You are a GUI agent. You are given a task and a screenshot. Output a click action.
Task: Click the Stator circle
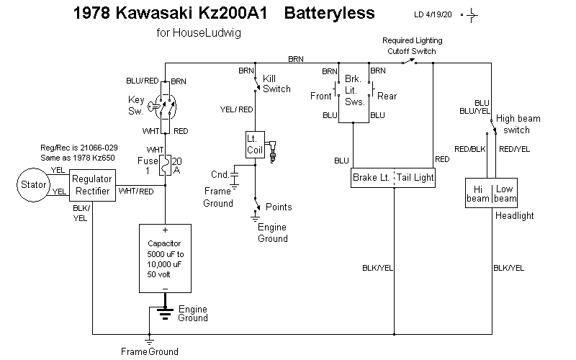point(30,185)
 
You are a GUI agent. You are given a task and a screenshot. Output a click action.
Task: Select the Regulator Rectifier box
point(92,185)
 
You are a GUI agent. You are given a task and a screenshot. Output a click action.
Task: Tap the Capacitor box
point(165,257)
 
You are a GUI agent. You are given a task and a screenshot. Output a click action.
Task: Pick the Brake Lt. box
point(372,176)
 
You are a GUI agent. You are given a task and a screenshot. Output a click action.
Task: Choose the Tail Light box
point(415,176)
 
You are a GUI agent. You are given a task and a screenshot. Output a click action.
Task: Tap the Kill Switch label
point(276,84)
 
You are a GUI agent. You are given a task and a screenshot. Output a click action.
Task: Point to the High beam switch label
point(518,124)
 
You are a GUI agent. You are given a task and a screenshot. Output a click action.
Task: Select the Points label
point(279,207)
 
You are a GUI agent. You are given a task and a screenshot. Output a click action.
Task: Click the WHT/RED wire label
point(136,191)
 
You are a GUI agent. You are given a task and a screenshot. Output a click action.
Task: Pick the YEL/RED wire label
point(236,109)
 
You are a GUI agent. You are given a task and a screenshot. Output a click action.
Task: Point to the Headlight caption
point(515,215)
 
